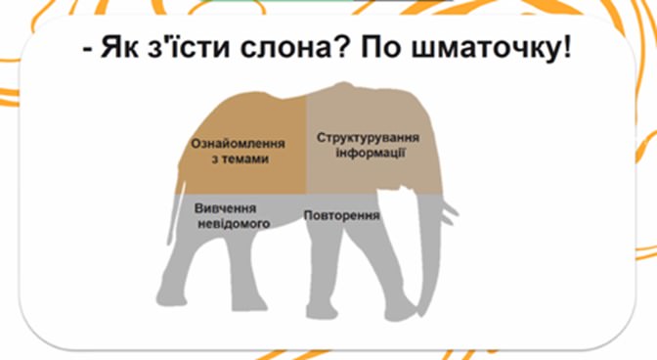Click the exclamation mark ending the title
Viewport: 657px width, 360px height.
[566, 47]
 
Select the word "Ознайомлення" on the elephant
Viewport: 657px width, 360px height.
[238, 144]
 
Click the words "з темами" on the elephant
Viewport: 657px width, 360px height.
[240, 159]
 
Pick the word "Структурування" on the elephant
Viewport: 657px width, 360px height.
[368, 138]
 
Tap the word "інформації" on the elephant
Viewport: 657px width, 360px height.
[371, 153]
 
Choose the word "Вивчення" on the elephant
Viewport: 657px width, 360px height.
[226, 208]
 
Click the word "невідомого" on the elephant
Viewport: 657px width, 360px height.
[234, 224]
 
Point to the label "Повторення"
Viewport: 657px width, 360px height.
[341, 215]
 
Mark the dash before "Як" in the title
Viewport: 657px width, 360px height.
[87, 50]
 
